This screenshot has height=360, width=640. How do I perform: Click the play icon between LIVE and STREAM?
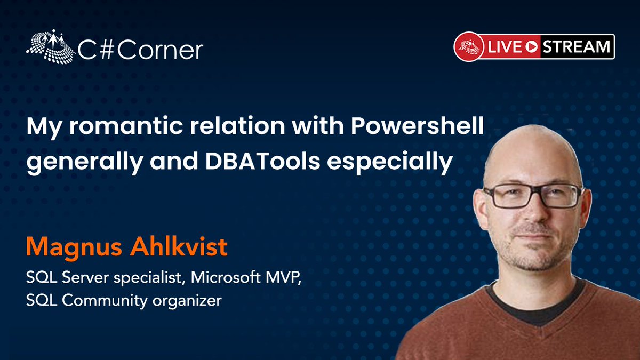click(x=531, y=47)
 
